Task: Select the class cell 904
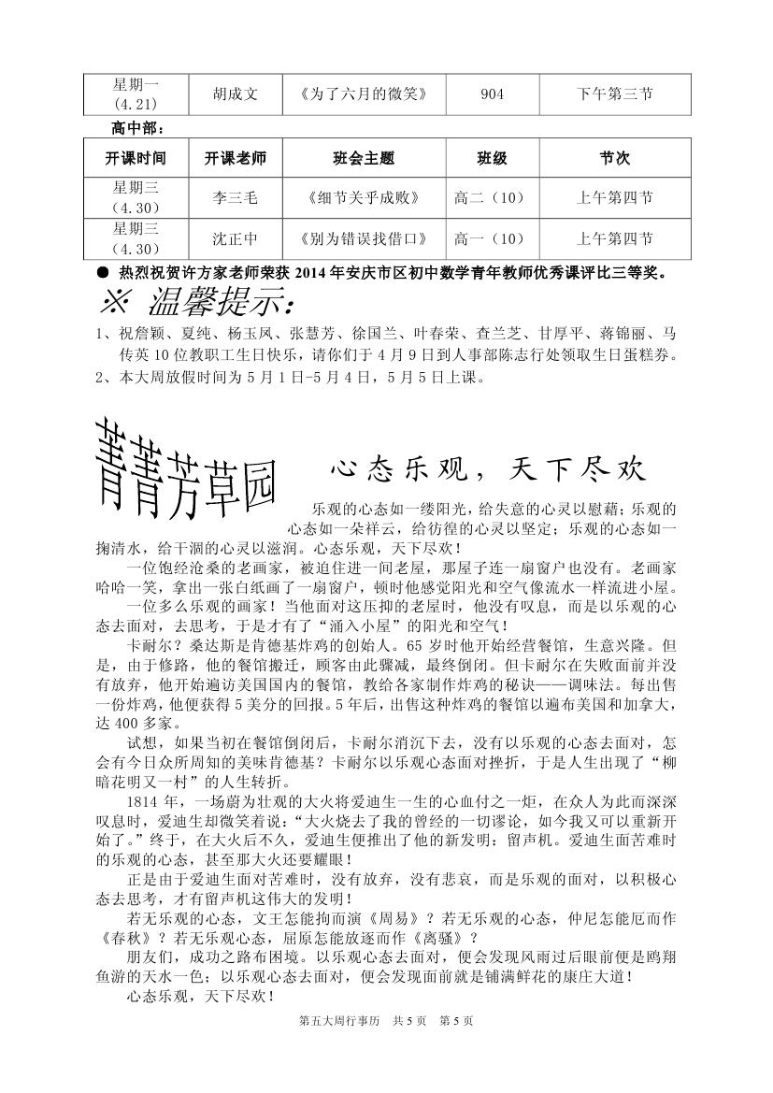(492, 94)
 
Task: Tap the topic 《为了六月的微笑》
(364, 94)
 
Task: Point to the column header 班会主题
(364, 159)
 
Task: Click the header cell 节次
(615, 159)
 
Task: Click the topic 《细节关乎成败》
(364, 198)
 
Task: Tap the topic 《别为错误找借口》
(364, 239)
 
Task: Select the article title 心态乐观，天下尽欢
(488, 467)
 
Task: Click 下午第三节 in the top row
(615, 94)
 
